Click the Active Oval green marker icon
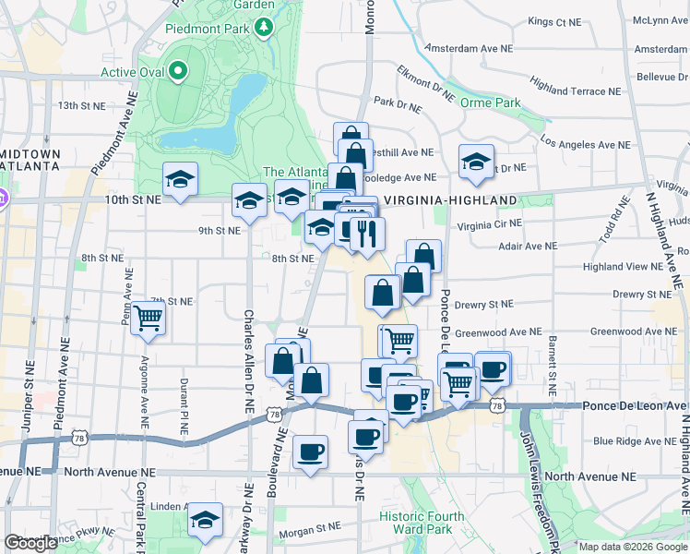tap(176, 71)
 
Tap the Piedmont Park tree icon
tap(265, 27)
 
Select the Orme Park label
tap(491, 102)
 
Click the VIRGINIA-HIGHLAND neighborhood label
tap(450, 200)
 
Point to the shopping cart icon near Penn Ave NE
tap(148, 319)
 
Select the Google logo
tap(31, 543)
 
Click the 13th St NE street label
tap(82, 106)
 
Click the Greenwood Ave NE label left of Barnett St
tap(498, 331)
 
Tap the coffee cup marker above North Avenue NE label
tap(310, 452)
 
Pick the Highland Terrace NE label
tap(575, 91)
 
